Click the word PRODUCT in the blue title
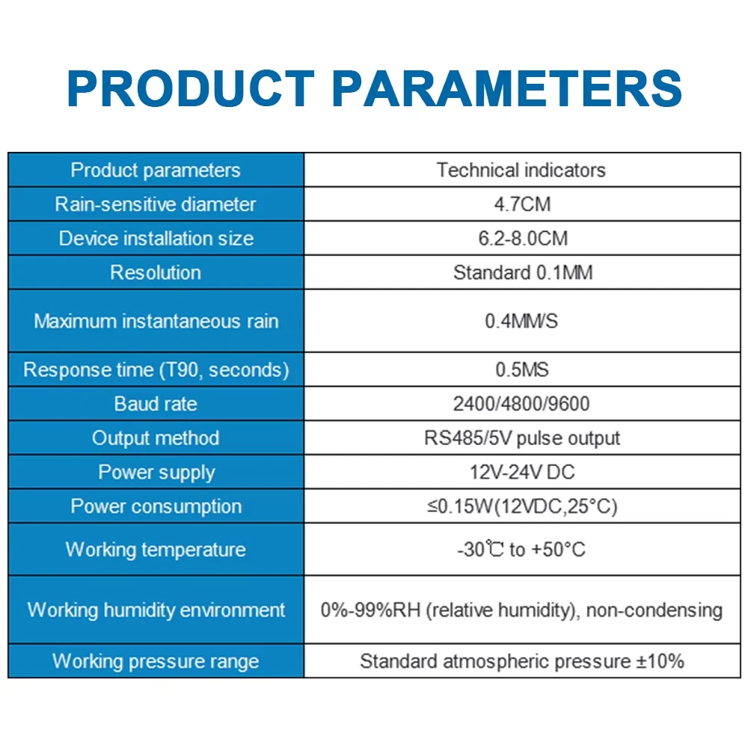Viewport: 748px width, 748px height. point(190,89)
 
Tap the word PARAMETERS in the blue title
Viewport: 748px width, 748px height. point(506,89)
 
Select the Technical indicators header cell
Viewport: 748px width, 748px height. point(521,171)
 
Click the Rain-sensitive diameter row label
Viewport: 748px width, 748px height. point(156,204)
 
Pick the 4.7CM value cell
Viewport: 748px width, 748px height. point(522,204)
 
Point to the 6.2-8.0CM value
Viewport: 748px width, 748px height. point(523,239)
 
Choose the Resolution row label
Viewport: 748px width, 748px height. point(156,272)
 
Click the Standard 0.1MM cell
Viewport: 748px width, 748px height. point(523,272)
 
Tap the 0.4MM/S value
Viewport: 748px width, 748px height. point(521,321)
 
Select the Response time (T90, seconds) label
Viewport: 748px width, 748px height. point(156,370)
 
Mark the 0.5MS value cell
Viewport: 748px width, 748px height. point(522,370)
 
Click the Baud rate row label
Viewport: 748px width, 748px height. point(156,404)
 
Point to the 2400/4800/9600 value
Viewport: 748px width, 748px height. point(521,404)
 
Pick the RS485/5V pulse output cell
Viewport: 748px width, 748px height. point(522,438)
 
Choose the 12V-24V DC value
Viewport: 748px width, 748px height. point(522,472)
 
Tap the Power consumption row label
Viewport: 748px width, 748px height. point(156,506)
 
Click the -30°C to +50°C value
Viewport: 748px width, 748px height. point(521,549)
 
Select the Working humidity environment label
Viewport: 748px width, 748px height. point(156,610)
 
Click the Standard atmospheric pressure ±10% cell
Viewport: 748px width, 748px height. point(522,661)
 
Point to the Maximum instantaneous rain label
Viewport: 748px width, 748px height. point(156,321)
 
